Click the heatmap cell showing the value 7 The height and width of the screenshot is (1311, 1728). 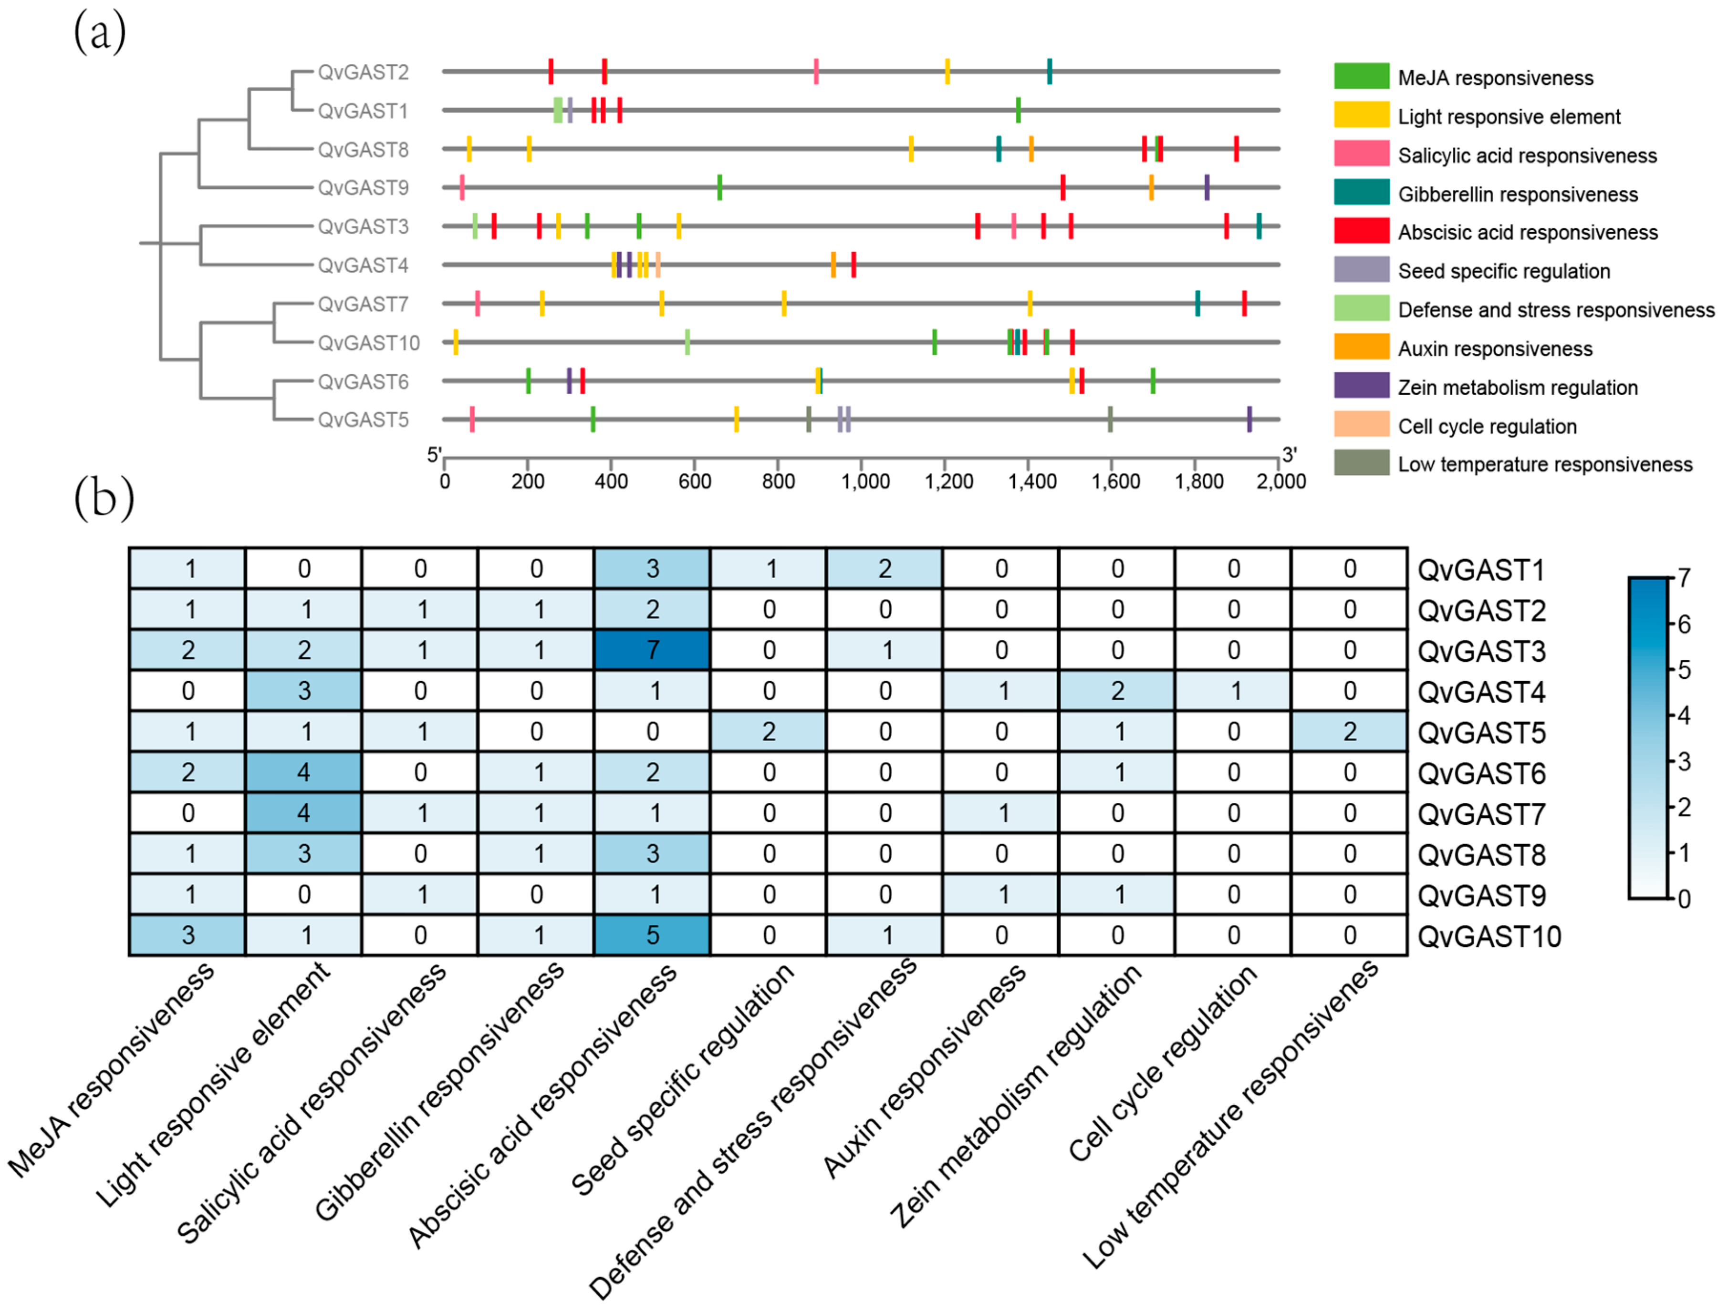point(652,650)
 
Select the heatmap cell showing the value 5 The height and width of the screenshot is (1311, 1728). point(652,935)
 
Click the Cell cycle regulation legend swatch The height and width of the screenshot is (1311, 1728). point(1361,425)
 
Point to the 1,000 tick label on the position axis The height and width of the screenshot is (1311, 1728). point(865,481)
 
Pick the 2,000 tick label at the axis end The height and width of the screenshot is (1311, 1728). point(1281,481)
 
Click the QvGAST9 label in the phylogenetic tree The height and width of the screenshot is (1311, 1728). point(363,188)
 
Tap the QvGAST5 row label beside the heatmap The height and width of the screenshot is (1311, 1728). point(1481,732)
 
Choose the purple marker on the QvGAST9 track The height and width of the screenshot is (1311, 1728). point(1206,187)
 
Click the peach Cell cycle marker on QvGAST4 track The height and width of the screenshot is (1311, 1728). point(658,265)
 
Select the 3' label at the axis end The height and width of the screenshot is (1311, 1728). point(1289,454)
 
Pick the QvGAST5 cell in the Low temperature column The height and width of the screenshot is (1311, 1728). point(1349,732)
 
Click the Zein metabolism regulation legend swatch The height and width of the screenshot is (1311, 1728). point(1361,386)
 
